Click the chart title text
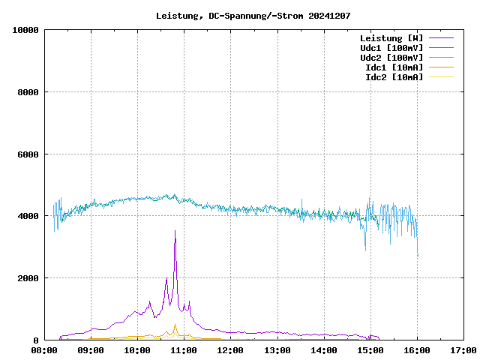(x=253, y=16)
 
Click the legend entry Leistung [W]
(x=391, y=38)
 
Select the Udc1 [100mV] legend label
(x=391, y=48)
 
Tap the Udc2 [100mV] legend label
(x=391, y=58)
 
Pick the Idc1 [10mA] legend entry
(x=394, y=67)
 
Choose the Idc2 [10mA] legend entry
(x=394, y=77)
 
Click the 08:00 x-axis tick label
(x=44, y=349)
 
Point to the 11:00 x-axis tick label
(x=184, y=349)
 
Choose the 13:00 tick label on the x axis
(x=277, y=349)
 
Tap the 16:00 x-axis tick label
(x=417, y=349)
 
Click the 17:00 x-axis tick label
(x=463, y=349)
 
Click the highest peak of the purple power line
(x=175, y=231)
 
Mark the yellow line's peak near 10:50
(x=175, y=325)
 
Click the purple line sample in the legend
(x=442, y=38)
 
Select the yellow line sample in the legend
(x=442, y=77)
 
